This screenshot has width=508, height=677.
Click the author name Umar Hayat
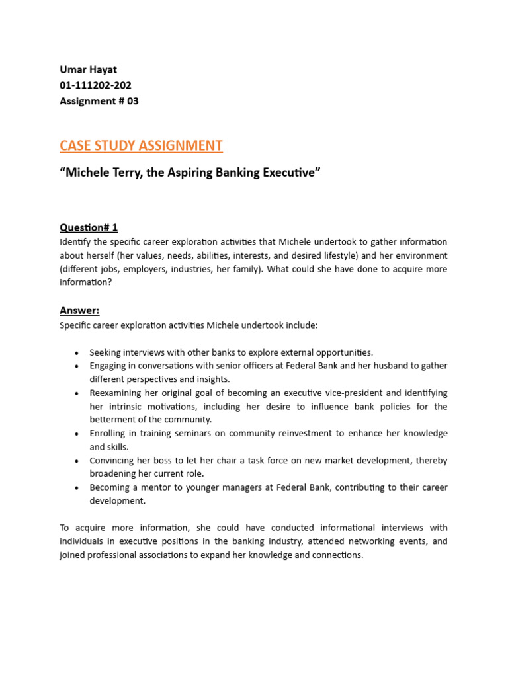coord(89,69)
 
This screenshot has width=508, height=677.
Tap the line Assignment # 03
coord(99,101)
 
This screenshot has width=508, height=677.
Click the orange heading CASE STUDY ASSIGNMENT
coord(141,145)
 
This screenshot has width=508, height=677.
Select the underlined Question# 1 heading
coord(89,227)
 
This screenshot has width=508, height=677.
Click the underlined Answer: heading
coord(79,310)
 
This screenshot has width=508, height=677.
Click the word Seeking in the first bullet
coord(106,352)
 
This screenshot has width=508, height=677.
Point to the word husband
coord(380,366)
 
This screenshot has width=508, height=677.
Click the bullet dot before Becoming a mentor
coord(77,488)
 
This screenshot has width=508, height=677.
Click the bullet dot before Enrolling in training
coord(77,434)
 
